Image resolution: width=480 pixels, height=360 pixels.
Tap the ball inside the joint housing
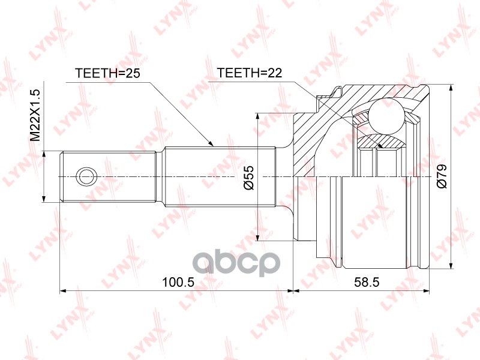point(386,115)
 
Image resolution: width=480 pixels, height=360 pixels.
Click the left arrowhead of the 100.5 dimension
point(62,290)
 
